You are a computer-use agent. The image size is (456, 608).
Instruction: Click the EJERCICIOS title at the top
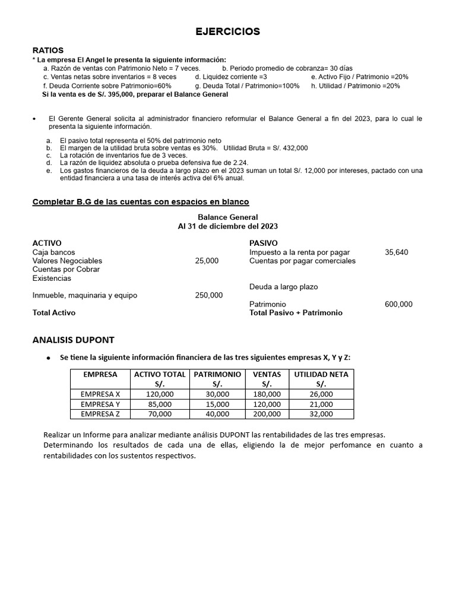pos(228,32)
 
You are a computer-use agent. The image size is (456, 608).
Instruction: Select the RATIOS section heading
pos(48,50)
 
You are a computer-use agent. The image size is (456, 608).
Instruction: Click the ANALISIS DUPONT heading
pos(73,340)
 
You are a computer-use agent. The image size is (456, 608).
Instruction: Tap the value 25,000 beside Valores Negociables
pos(207,261)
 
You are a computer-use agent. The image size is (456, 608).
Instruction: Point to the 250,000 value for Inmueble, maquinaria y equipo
pos(209,295)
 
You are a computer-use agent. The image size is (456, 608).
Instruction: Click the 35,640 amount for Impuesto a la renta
pos(397,252)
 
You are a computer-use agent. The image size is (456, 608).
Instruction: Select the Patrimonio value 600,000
pos(398,304)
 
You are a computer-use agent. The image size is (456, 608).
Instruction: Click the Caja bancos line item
pos(53,252)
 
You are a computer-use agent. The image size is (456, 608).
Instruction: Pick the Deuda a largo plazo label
pos(283,287)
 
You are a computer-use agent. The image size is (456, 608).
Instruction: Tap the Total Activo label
pos(54,312)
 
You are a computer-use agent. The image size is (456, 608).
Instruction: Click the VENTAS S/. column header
pos(267,379)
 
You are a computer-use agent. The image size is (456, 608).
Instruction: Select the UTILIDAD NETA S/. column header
pos(321,379)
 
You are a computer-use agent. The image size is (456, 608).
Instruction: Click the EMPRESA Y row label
pos(100,404)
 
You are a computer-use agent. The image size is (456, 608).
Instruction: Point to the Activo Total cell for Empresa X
pos(160,394)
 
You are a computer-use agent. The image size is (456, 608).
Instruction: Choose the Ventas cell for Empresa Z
pos(267,414)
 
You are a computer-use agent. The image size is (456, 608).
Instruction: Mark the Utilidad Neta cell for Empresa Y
pos(321,404)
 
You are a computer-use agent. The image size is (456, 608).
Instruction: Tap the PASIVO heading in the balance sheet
pos(263,243)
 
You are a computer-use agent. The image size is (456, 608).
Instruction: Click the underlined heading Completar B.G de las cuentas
pos(141,202)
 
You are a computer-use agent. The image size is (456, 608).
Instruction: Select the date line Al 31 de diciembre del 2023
pos(228,226)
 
